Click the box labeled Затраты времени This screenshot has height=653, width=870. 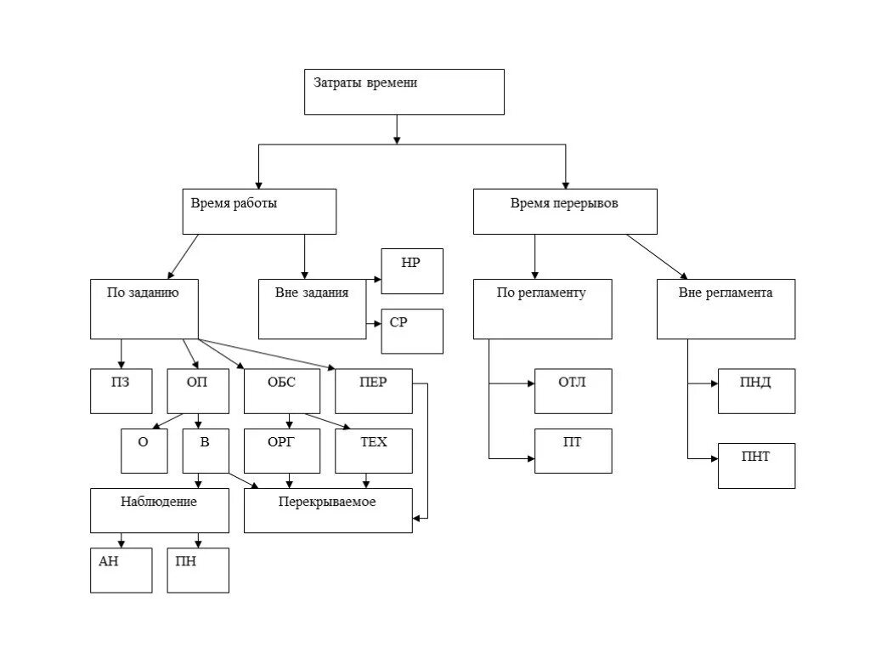coord(404,92)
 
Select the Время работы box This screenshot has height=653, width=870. coord(259,212)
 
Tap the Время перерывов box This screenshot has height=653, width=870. coord(565,212)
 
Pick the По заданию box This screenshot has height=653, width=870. coord(144,309)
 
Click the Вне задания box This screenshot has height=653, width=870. coord(313,309)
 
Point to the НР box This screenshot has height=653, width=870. coord(412,271)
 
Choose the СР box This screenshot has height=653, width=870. coord(412,332)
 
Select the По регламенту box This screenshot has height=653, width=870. coord(543,309)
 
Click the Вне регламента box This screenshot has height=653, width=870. coord(726,309)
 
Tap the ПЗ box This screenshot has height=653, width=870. coord(121,391)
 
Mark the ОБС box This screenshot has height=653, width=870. coord(282,391)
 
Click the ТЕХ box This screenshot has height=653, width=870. coord(374,451)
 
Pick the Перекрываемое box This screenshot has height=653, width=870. coord(329,511)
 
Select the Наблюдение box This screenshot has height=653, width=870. coord(160,511)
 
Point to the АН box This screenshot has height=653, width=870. coord(121,571)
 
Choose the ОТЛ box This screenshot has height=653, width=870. coord(573,391)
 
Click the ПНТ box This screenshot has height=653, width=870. coord(757,466)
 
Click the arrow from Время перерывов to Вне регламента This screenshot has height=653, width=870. coord(657,257)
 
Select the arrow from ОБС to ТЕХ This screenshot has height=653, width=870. coord(327,422)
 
